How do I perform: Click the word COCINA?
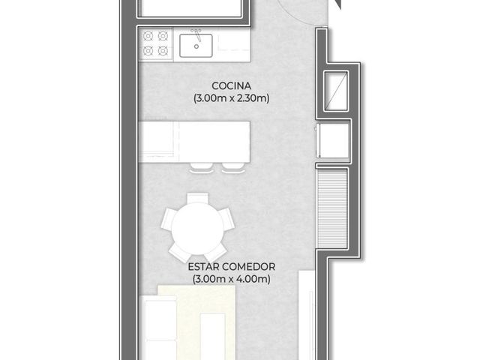[x=232, y=86]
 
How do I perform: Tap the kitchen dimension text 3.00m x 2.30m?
[x=232, y=98]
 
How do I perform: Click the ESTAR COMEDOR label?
[x=232, y=267]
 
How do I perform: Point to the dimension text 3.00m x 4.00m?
[x=232, y=279]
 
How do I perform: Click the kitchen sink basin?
[x=196, y=46]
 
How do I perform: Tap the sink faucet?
[x=198, y=35]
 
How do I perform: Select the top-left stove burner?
[x=148, y=36]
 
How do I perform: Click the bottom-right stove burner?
[x=163, y=50]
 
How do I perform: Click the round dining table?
[x=197, y=229]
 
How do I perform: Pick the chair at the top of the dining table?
[x=198, y=197]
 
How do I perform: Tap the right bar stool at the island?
[x=233, y=168]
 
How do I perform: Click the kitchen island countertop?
[x=194, y=142]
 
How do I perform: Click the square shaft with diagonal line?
[x=336, y=91]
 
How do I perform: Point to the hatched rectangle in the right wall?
[x=332, y=208]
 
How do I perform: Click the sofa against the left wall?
[x=158, y=328]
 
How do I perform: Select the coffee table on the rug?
[x=212, y=337]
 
